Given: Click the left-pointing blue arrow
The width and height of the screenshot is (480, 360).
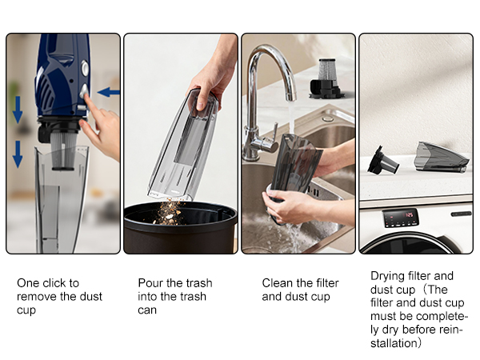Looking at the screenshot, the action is click(108, 92).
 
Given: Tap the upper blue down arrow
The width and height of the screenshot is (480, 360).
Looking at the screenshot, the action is click(18, 110).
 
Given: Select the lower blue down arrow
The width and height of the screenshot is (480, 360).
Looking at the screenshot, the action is click(18, 154).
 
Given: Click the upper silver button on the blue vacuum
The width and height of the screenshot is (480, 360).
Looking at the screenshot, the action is click(85, 68).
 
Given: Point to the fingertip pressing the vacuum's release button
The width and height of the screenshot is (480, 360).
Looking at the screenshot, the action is click(86, 97).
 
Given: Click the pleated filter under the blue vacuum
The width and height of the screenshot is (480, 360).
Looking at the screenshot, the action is click(64, 150).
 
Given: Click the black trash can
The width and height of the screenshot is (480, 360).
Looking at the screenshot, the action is click(181, 227).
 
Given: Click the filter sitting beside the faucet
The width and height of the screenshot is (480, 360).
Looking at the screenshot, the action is click(326, 78).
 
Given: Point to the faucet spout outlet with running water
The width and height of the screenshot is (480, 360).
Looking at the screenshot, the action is click(291, 97).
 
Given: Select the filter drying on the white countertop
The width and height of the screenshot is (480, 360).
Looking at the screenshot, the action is click(382, 161).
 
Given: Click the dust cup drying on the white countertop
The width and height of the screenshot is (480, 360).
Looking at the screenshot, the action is click(441, 157).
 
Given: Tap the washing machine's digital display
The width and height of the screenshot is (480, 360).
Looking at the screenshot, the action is click(401, 218).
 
